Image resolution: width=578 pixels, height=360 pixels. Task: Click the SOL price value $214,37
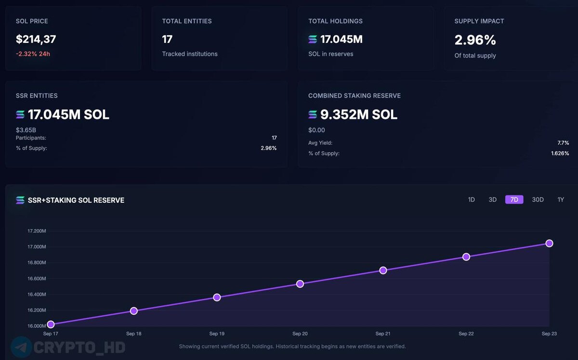point(36,39)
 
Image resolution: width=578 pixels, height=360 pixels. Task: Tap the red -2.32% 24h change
point(33,54)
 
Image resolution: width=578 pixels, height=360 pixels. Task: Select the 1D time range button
point(472,200)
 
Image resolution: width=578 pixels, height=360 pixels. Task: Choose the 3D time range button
point(492,200)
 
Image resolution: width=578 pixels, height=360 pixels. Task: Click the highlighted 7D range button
point(514,200)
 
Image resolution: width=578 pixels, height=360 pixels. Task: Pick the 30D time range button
point(538,200)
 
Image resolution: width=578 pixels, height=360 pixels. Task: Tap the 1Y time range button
point(561,200)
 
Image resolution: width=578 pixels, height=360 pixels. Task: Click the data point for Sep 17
point(51,324)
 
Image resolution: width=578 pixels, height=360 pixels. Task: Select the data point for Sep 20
point(300,284)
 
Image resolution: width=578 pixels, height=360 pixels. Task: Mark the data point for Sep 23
point(549,244)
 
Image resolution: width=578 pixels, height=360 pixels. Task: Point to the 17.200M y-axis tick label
point(37,231)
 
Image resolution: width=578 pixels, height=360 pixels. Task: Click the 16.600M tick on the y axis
point(37,279)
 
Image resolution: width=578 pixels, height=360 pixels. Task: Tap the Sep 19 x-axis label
point(217,334)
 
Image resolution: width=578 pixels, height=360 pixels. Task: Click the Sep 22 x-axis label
point(466,334)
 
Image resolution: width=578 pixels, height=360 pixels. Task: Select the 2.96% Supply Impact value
point(475,40)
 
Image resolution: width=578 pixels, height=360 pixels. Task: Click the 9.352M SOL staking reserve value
point(359,115)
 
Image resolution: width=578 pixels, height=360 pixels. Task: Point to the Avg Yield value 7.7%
point(563,143)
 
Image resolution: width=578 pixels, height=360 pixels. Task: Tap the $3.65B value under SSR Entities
point(26,130)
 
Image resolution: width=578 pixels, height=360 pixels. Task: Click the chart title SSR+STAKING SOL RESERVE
point(76,200)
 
